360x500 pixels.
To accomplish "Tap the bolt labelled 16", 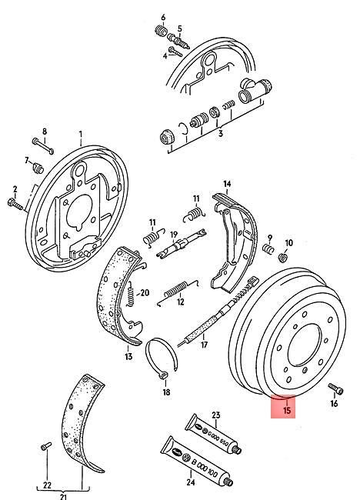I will click(x=332, y=388).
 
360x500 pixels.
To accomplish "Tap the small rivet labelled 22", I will click(x=45, y=445).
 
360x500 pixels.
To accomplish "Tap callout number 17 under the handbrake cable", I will click(x=204, y=344).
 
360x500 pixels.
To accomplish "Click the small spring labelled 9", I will click(x=269, y=248).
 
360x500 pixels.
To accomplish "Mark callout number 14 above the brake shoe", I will click(x=226, y=184).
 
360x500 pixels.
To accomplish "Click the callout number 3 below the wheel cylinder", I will click(x=221, y=133).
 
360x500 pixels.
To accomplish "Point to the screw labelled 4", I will click(x=174, y=53).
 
